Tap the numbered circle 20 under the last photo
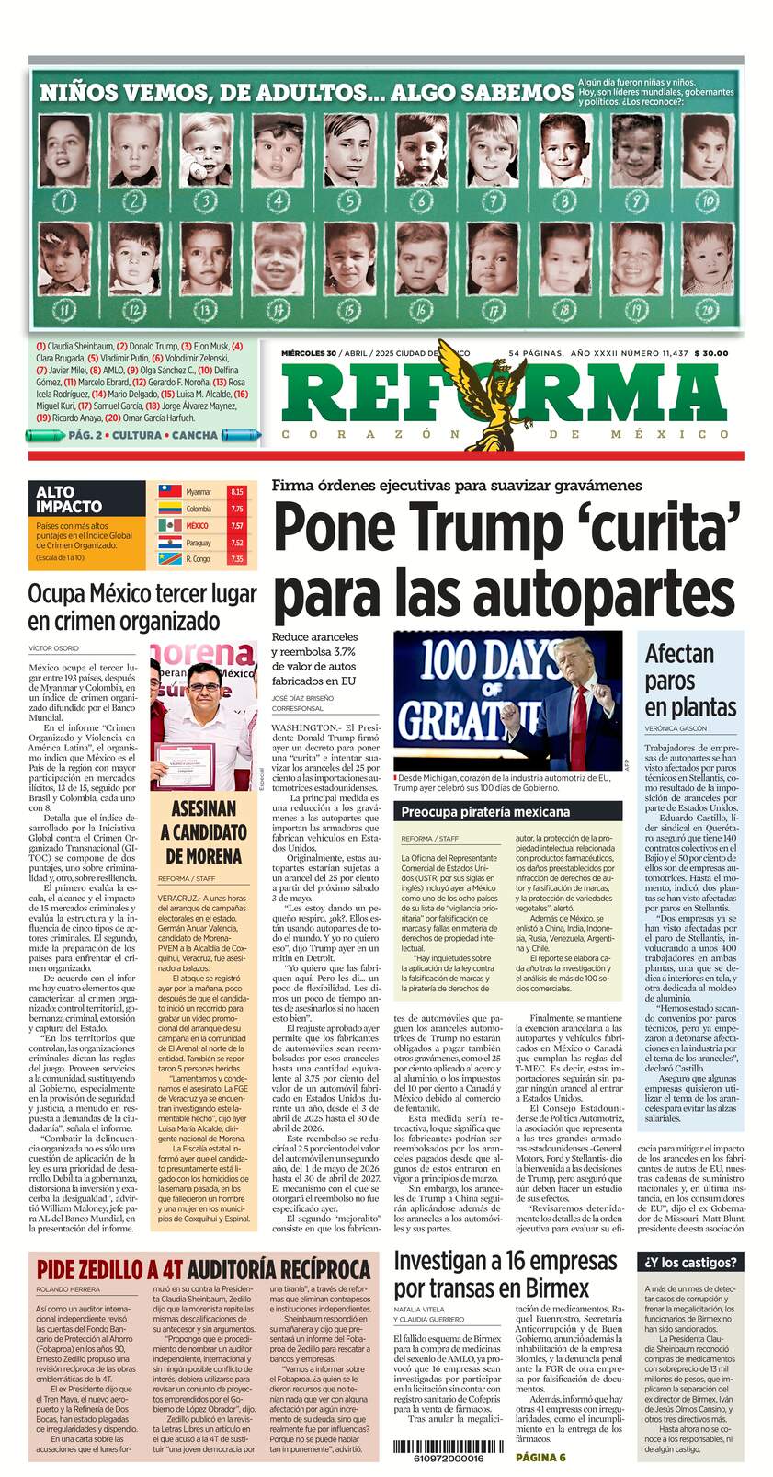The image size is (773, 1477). pos(708,310)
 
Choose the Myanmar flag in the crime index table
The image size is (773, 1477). pos(170,492)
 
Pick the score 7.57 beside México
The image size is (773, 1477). pos(237,526)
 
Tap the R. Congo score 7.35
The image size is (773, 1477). pos(237,559)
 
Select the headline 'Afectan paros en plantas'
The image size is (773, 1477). pos(690,681)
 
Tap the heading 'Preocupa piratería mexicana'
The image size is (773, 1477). pos(485,812)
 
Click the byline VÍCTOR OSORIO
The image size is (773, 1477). pos(53,648)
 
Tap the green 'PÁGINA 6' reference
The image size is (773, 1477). pos(540,1458)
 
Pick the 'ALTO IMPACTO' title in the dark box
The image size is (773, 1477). pos(69,499)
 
